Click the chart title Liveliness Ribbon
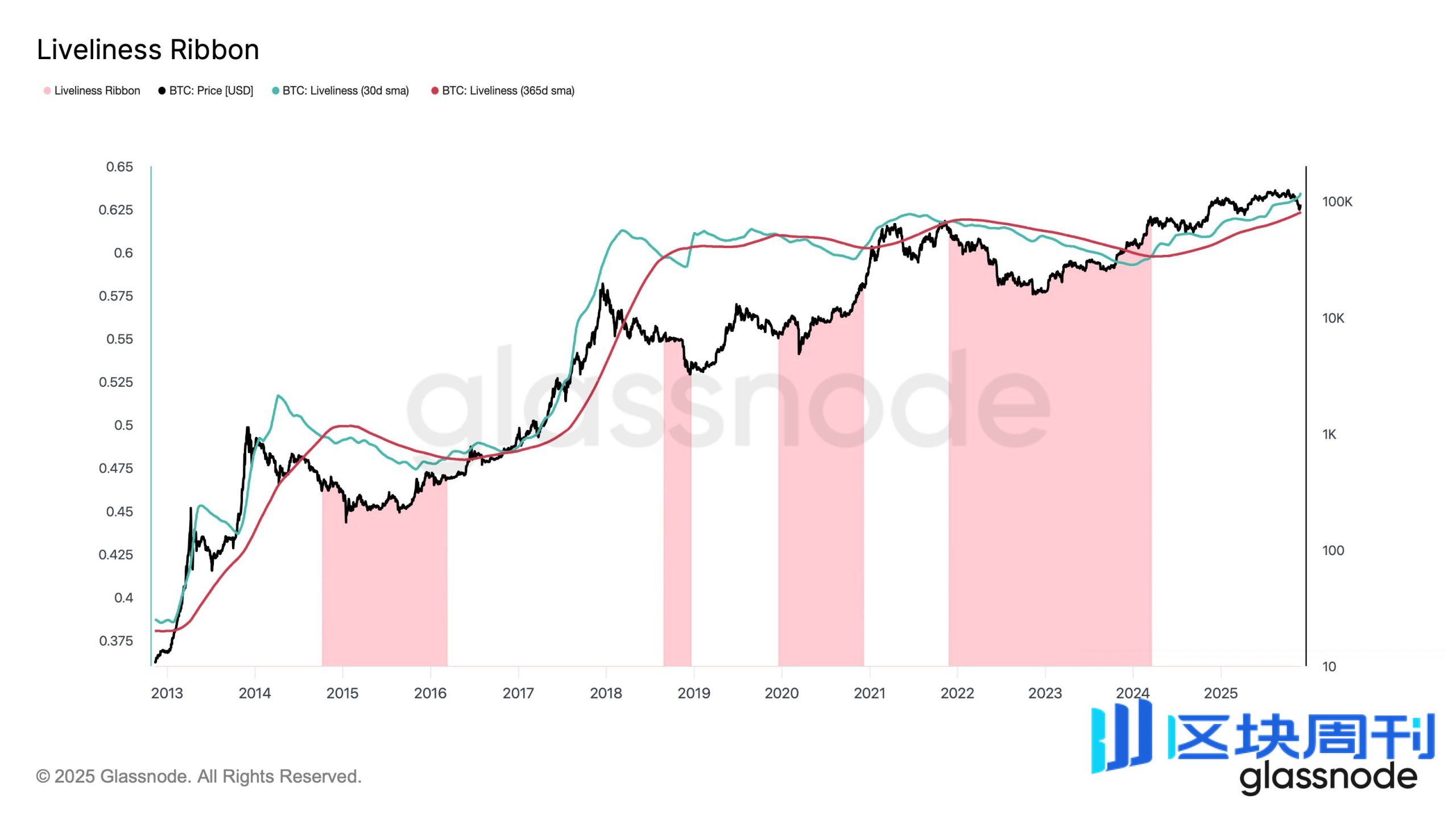(x=148, y=50)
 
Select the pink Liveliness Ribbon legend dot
(x=47, y=91)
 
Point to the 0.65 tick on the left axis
(x=119, y=167)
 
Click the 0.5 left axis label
(x=123, y=425)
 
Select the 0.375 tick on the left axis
(x=116, y=641)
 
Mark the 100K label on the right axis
(x=1337, y=202)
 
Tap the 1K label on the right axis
(x=1329, y=435)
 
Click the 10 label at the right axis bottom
(x=1329, y=667)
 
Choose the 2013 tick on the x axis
(x=167, y=693)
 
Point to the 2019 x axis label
(x=694, y=693)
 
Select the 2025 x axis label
(x=1221, y=693)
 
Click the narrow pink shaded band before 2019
(x=677, y=512)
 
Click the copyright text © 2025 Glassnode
(x=198, y=776)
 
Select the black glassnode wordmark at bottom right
(x=1328, y=777)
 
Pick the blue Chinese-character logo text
(x=1302, y=737)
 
